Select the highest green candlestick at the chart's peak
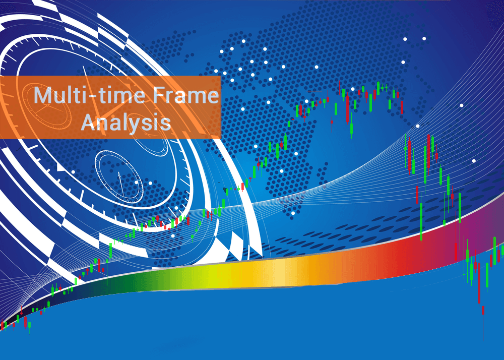pyautogui.click(x=378, y=88)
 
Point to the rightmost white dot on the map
pyautogui.click(x=474, y=161)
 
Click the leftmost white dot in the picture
pyautogui.click(x=73, y=172)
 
